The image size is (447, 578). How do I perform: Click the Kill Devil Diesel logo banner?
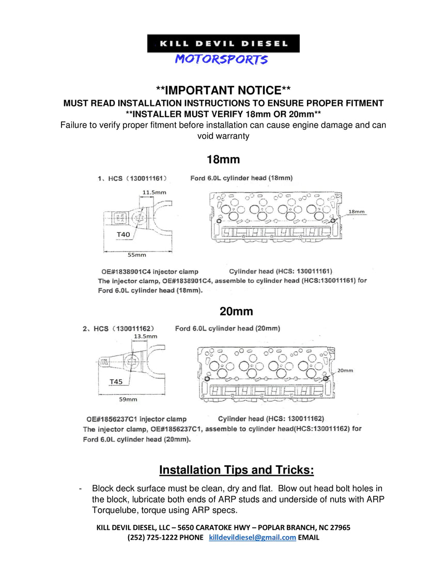[x=223, y=43]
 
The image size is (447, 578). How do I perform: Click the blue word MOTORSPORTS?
[x=221, y=59]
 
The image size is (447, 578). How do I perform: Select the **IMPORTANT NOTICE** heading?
[x=223, y=91]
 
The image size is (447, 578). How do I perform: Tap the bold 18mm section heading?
[x=223, y=159]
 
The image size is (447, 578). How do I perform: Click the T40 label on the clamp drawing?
[x=124, y=235]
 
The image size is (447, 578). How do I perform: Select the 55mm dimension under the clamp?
[x=137, y=255]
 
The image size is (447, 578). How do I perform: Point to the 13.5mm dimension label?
[x=145, y=336]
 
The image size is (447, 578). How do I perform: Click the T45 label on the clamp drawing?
[x=116, y=382]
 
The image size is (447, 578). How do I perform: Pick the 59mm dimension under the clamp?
[x=128, y=399]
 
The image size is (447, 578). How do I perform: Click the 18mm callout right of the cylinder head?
[x=357, y=211]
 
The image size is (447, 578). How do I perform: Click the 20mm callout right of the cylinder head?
[x=345, y=370]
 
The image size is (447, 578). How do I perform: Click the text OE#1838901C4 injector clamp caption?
[x=148, y=271]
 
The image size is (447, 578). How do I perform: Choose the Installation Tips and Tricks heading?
[x=236, y=470]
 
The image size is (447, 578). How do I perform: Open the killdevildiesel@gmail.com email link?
[x=252, y=537]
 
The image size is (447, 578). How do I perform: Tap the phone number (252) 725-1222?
[x=151, y=537]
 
